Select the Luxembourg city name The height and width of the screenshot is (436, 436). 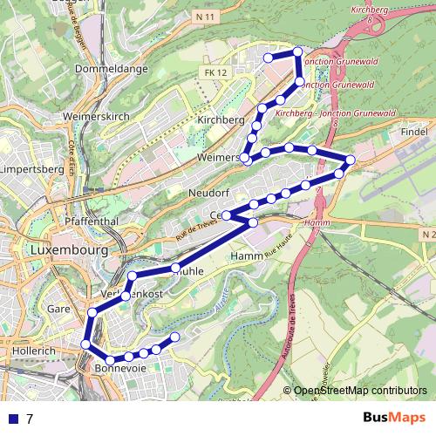point(68,249)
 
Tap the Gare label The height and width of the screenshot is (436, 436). point(58,309)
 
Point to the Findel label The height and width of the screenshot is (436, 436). point(414,130)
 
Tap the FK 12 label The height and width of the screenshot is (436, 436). point(214,74)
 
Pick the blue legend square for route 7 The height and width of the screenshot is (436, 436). point(12,419)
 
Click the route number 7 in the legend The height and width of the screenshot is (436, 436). point(30,419)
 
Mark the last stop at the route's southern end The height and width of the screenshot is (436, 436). point(175,337)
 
